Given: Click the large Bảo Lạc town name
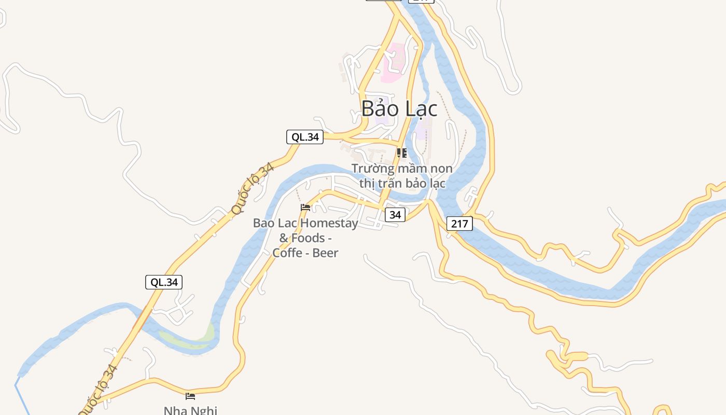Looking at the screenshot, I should pyautogui.click(x=399, y=108).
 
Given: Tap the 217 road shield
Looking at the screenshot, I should pyautogui.click(x=459, y=224).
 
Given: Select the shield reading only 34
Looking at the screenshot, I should pyautogui.click(x=395, y=214).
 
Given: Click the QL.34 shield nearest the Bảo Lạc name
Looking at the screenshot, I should pyautogui.click(x=305, y=137).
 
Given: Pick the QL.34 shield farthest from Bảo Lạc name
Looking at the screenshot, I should pyautogui.click(x=164, y=282).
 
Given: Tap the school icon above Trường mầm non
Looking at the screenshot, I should pyautogui.click(x=401, y=153).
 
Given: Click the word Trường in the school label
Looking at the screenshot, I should pyautogui.click(x=373, y=169).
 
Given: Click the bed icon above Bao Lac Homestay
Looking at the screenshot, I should pyautogui.click(x=305, y=208).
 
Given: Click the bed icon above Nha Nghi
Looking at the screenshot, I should pyautogui.click(x=190, y=396).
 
